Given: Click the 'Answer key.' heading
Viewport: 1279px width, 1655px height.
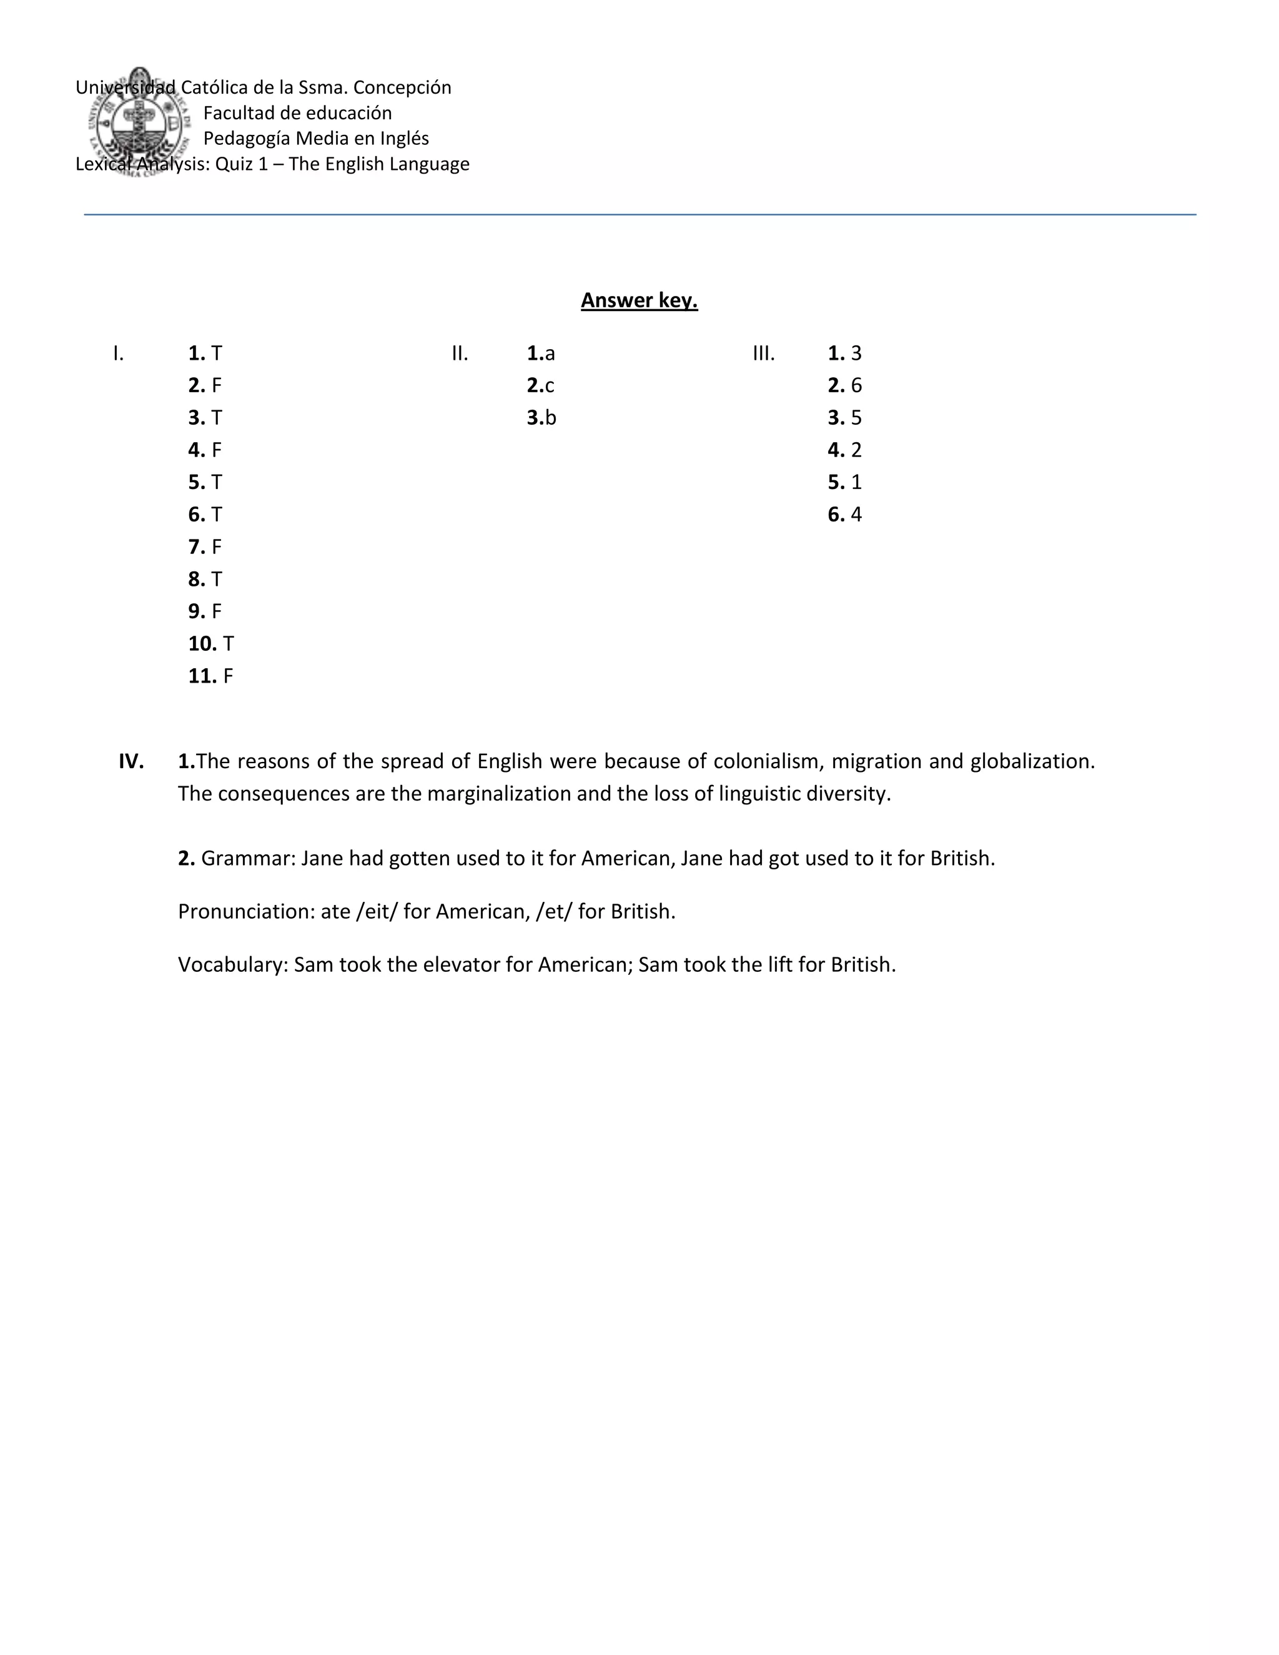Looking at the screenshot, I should [639, 301].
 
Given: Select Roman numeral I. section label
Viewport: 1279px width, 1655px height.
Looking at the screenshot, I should [118, 353].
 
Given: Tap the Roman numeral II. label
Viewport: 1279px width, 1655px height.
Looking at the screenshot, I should [460, 353].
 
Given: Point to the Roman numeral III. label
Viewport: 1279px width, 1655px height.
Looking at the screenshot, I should [764, 353].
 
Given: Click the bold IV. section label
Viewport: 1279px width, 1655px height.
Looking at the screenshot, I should [131, 761].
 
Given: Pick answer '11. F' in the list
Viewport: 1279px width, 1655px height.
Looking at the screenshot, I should [210, 676].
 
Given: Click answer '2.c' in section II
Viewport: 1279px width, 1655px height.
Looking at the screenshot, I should [540, 386].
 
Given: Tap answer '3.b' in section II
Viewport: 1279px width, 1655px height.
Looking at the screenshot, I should [541, 418].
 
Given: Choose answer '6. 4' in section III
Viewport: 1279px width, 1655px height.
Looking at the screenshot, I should [844, 515].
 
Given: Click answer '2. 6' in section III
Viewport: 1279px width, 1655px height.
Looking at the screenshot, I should [844, 386].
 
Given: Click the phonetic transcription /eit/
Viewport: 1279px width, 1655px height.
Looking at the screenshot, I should [377, 911].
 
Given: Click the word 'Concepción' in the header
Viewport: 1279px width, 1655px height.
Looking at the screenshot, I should [402, 87].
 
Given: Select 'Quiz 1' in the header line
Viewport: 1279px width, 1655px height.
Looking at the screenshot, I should [241, 164].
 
